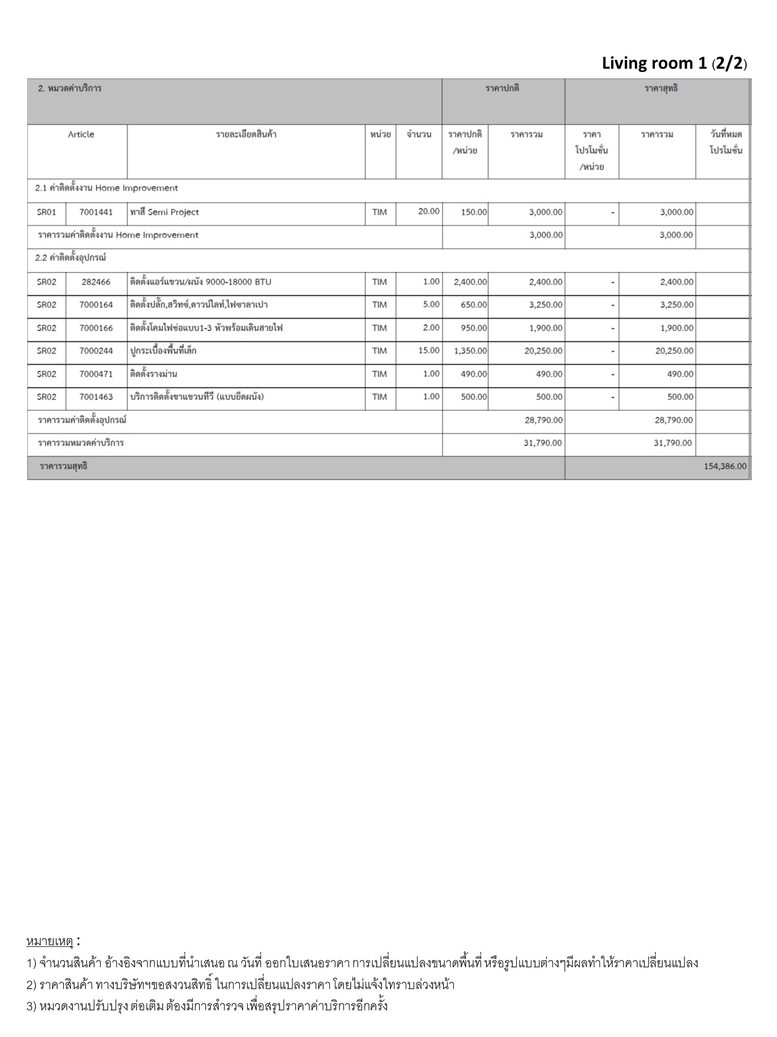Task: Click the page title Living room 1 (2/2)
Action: click(x=674, y=64)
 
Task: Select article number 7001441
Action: click(x=96, y=212)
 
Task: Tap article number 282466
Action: click(x=96, y=282)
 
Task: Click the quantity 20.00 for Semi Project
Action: click(x=428, y=211)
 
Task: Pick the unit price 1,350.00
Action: click(x=470, y=351)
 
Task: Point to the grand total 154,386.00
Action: click(x=724, y=466)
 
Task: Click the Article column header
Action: click(x=81, y=135)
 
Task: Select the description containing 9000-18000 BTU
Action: click(x=201, y=282)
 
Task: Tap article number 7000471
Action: click(x=96, y=374)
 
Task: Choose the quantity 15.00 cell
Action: click(x=429, y=350)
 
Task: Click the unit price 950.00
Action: click(x=473, y=328)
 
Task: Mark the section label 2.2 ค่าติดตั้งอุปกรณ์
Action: click(x=70, y=258)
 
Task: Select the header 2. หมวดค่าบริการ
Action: click(x=70, y=89)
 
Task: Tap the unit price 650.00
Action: click(x=473, y=305)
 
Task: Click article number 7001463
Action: click(x=96, y=397)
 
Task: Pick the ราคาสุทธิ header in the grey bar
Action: click(x=661, y=89)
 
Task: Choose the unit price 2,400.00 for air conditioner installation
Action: click(x=470, y=282)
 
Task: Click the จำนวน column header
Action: click(x=419, y=135)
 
